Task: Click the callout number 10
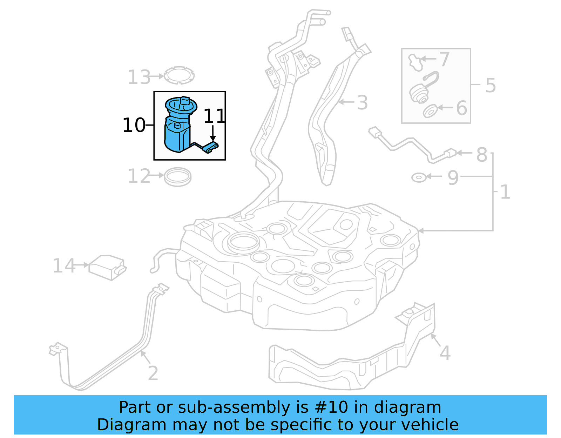point(134,125)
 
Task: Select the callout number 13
point(139,77)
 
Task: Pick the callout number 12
point(139,176)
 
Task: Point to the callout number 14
point(64,266)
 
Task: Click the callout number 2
point(153,373)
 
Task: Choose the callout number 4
point(445,353)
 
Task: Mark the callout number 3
point(363,103)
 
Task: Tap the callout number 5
point(491,85)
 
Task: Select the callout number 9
point(453,177)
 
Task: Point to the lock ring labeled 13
point(179,75)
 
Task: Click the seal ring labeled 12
point(178,177)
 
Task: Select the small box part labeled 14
point(107,267)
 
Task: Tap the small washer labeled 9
point(419,177)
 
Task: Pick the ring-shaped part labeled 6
point(430,111)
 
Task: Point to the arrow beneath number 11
point(212,134)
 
